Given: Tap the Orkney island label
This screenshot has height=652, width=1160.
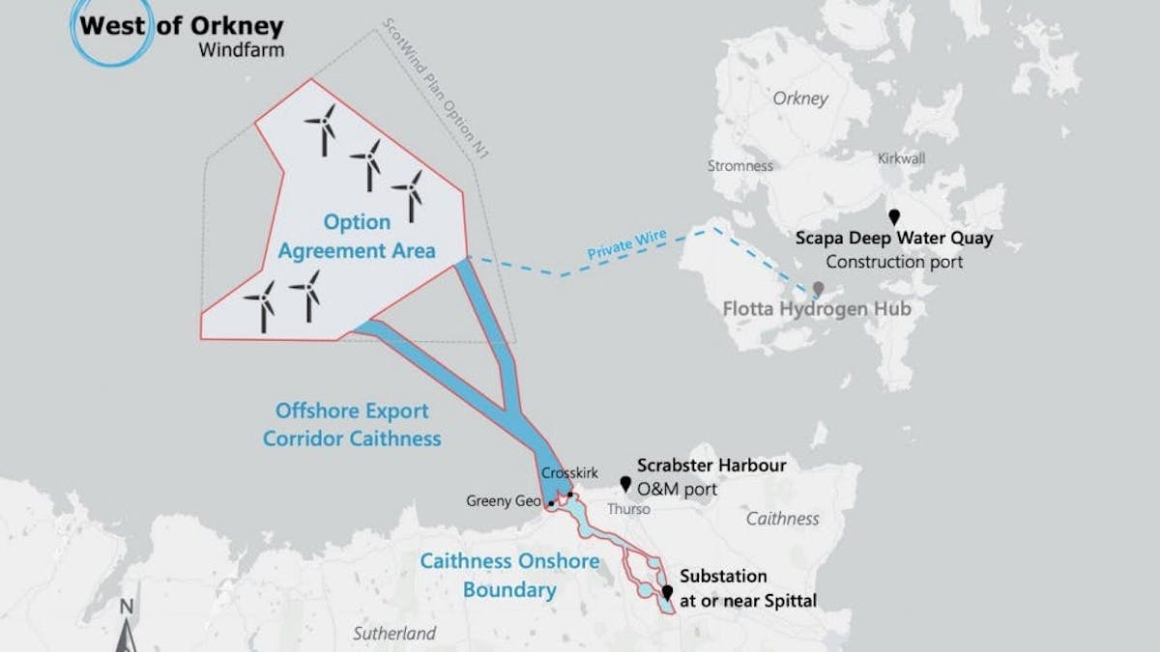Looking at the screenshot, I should click(800, 99).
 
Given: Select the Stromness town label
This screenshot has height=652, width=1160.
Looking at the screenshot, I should click(739, 165).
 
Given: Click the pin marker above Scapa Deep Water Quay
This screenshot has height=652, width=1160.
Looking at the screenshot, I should click(894, 217).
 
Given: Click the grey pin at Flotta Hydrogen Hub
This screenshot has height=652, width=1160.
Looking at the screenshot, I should click(819, 289).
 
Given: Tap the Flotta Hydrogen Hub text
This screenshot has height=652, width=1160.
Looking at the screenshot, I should click(817, 309).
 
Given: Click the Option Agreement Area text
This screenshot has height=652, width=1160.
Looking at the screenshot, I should click(357, 236).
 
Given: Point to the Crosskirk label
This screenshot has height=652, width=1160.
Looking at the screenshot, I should click(569, 473).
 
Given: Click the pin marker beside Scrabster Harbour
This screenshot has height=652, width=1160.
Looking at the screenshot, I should click(625, 483).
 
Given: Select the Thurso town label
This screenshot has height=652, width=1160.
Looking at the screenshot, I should click(629, 508).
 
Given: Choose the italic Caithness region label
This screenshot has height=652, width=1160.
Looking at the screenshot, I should click(782, 519).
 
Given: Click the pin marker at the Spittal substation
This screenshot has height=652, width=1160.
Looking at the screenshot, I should click(666, 591).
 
